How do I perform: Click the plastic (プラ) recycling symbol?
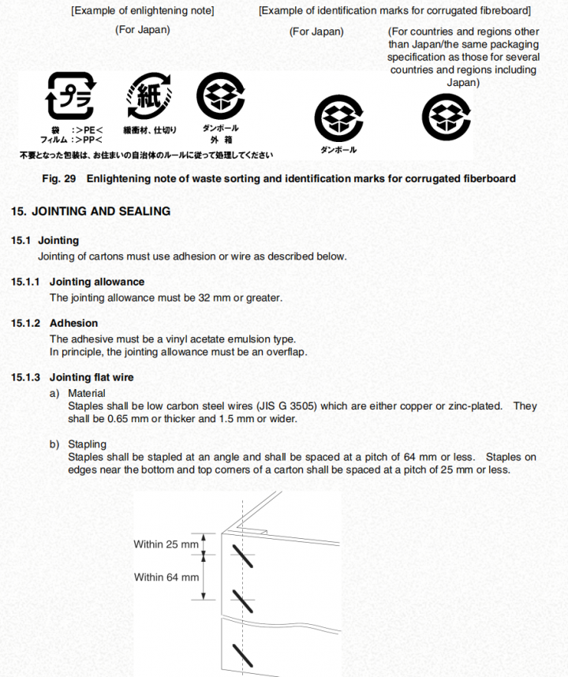point(71,95)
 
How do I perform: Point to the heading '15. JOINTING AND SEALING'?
point(91,211)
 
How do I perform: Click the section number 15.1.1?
point(26,282)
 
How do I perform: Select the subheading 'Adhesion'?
point(73,324)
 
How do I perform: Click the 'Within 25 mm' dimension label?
point(166,544)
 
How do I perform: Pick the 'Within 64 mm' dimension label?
point(166,578)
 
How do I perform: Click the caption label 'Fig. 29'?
point(59,178)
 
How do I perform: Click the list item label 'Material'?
point(86,393)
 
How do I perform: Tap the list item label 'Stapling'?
point(87,445)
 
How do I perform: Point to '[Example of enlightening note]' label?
point(143,12)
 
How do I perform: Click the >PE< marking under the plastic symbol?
point(88,129)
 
